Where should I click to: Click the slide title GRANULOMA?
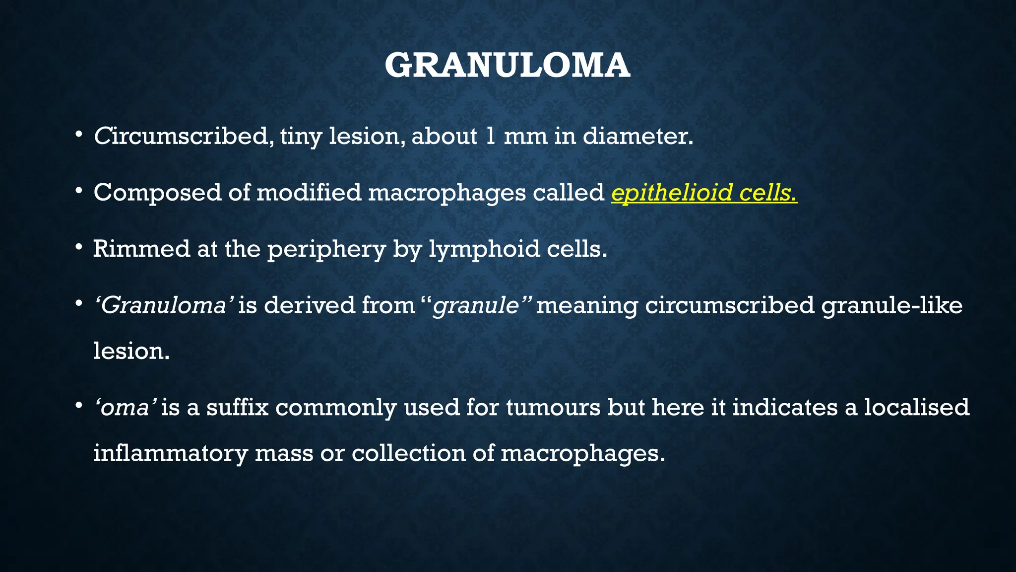click(508, 66)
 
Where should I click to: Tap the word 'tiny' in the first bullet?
click(301, 137)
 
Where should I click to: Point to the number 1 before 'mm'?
click(490, 137)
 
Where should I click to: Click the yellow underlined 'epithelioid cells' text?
click(704, 193)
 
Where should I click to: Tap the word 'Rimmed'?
click(141, 249)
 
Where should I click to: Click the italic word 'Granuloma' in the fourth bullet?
click(164, 305)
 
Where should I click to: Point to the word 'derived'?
click(309, 305)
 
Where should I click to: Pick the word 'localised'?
click(916, 408)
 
